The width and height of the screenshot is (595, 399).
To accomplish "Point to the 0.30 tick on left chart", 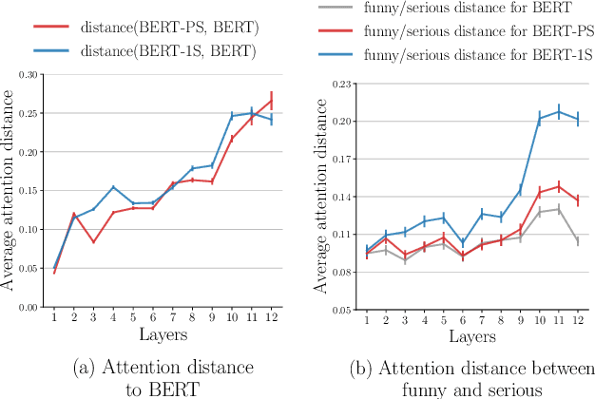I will (x=28, y=74).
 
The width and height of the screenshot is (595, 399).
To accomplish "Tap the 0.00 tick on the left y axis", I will (x=28, y=308).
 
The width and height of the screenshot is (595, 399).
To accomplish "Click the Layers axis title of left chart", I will (x=163, y=334).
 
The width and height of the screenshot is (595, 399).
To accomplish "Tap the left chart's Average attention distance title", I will (x=9, y=190).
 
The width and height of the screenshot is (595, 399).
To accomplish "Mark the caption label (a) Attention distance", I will (x=163, y=366).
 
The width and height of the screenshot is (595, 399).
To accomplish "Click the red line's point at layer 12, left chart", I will (x=272, y=101).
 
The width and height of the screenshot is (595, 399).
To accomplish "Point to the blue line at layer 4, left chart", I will (x=113, y=187).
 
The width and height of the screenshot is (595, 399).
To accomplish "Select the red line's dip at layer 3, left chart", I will (x=93, y=242).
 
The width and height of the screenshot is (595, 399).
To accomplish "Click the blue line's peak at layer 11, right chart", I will (x=559, y=111).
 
